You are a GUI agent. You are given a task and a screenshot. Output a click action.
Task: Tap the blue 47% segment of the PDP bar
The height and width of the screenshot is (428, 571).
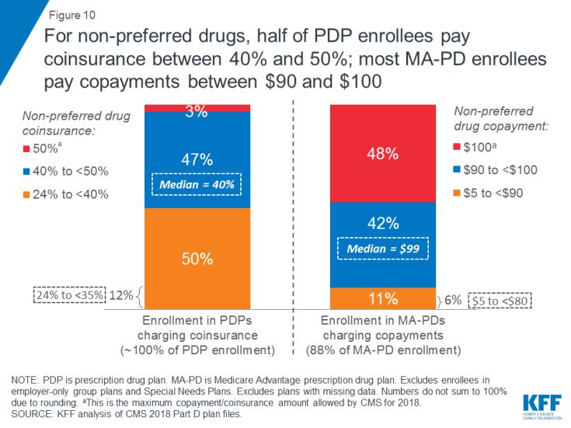(197, 159)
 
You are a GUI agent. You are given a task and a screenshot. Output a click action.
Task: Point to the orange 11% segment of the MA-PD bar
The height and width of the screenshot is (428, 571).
(383, 298)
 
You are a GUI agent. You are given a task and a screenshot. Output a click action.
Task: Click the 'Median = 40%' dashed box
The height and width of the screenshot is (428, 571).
(197, 184)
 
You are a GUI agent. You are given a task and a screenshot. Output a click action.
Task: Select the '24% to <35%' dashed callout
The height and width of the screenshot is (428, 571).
(69, 295)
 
